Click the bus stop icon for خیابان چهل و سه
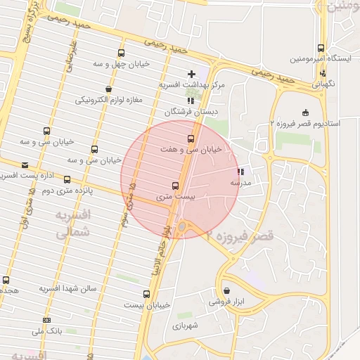pyautogui.click(x=122, y=53)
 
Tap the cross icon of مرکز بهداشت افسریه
pyautogui.click(x=191, y=74)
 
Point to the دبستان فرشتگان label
pyautogui.click(x=192, y=112)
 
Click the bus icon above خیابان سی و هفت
pyautogui.click(x=191, y=138)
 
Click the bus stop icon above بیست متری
pyautogui.click(x=175, y=186)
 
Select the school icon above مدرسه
pyautogui.click(x=241, y=172)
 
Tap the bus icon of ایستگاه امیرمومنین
pyautogui.click(x=321, y=49)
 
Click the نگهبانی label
pyautogui.click(x=323, y=83)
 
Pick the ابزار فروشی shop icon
pyautogui.click(x=226, y=290)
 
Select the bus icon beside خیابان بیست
pyautogui.click(x=146, y=294)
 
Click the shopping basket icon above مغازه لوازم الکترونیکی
pyautogui.click(x=108, y=89)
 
